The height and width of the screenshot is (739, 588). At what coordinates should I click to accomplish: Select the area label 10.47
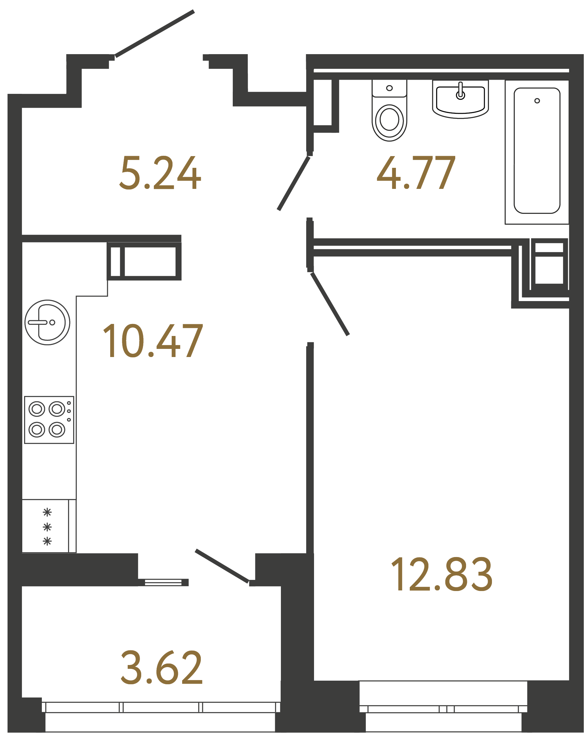(153, 341)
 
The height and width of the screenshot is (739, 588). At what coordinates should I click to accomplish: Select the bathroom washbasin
(460, 99)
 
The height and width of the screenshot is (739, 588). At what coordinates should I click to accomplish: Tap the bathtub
(537, 151)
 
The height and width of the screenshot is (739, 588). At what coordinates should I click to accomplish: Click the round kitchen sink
(47, 322)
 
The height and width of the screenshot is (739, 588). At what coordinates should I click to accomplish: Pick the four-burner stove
(49, 420)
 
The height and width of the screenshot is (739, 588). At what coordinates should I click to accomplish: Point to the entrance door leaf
(155, 34)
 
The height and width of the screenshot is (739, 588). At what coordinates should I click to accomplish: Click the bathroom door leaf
(294, 183)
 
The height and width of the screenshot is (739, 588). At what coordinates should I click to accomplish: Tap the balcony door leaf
(222, 566)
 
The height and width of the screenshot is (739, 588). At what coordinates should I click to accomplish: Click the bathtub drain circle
(537, 101)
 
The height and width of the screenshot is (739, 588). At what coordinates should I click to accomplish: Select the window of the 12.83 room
(443, 709)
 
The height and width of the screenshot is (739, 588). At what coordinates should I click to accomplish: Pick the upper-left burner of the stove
(37, 408)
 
